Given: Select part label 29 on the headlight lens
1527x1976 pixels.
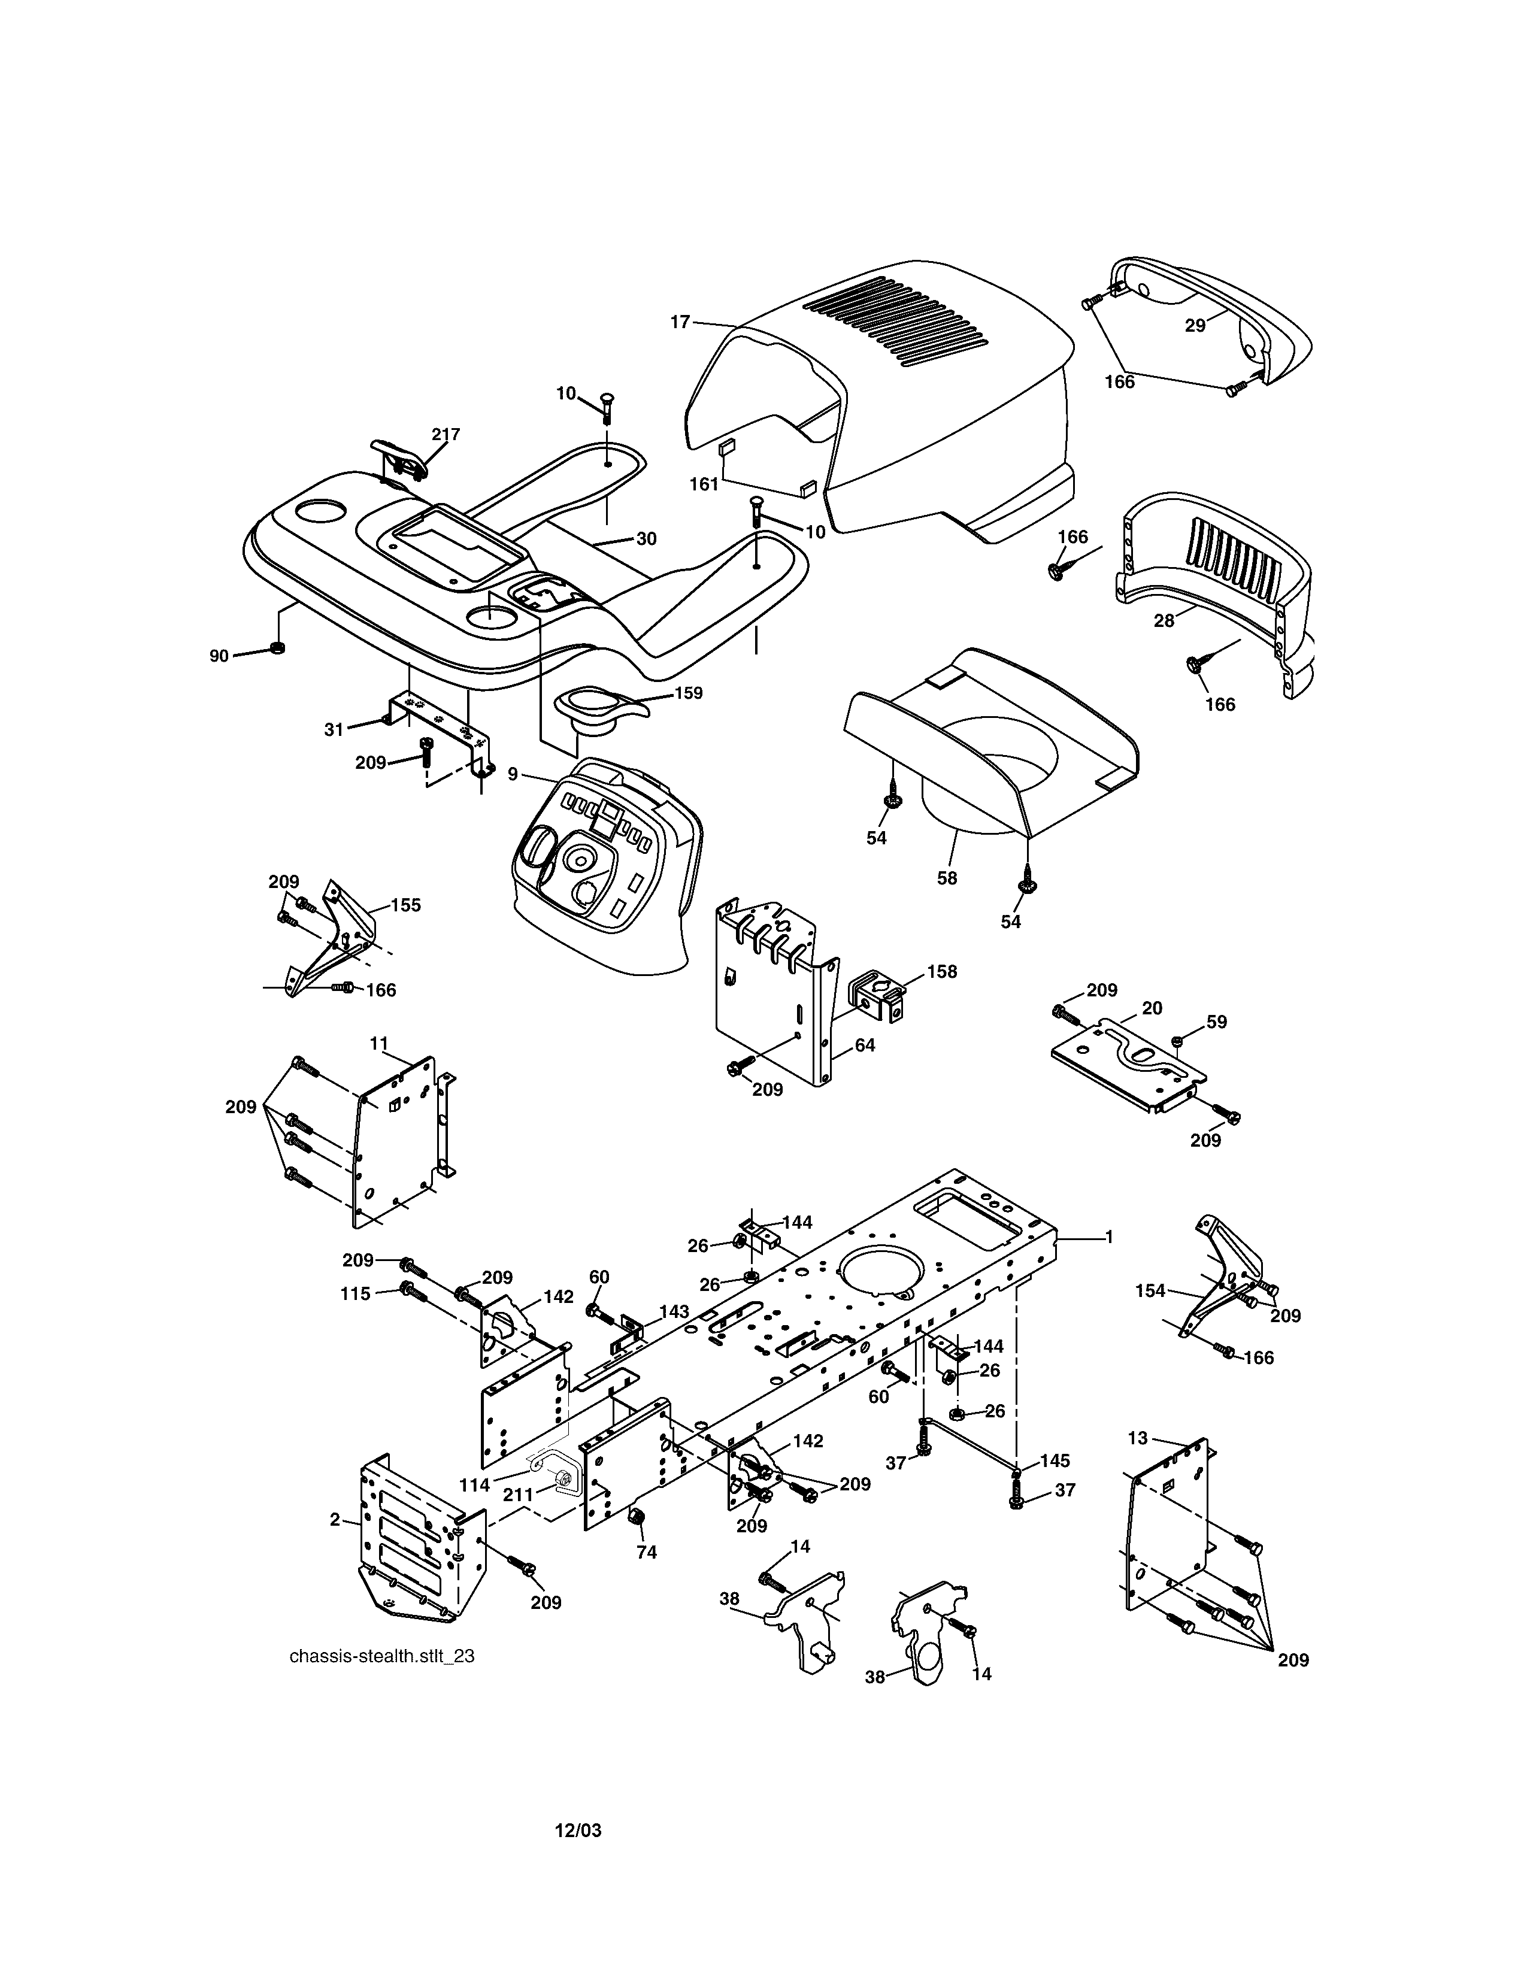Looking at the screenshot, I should [x=1195, y=326].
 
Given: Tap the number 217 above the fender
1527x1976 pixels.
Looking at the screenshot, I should [x=445, y=434].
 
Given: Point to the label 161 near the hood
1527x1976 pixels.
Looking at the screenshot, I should [x=704, y=484].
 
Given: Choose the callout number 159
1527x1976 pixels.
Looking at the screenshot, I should [x=689, y=693].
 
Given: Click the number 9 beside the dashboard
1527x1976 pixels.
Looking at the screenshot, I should [x=513, y=774].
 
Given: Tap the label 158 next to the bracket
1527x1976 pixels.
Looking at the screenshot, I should [x=942, y=972].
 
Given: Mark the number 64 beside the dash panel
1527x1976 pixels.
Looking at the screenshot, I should [x=865, y=1045].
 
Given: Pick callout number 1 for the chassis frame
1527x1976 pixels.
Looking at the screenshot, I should [x=1109, y=1237].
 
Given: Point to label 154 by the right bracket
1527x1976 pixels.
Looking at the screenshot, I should [x=1151, y=1291].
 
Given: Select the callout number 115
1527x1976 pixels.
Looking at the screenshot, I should [x=356, y=1294].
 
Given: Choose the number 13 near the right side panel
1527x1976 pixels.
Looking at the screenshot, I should [x=1138, y=1438].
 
